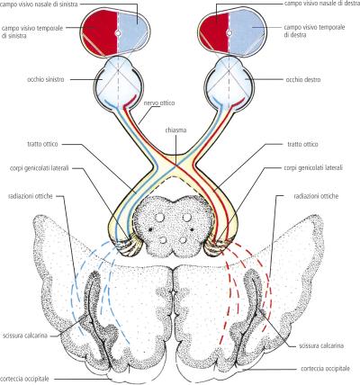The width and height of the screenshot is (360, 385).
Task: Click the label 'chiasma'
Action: click(x=175, y=130)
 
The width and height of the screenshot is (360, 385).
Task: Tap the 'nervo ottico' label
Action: click(x=159, y=103)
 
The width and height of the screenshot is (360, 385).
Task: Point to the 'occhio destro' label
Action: click(x=302, y=80)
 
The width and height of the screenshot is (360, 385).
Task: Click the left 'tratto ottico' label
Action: click(x=42, y=144)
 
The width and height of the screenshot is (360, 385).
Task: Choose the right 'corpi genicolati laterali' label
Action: click(x=313, y=167)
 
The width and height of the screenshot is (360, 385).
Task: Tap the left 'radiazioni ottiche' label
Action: click(x=31, y=196)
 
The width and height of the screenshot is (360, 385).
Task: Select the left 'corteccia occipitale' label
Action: click(x=25, y=379)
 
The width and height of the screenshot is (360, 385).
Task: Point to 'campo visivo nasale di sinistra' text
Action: click(x=39, y=4)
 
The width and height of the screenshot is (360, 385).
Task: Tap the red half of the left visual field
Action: click(x=99, y=31)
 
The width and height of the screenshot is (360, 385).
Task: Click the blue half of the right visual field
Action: click(x=247, y=32)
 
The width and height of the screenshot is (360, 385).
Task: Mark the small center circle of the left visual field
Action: click(x=117, y=33)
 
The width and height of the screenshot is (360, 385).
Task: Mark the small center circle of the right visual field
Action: click(x=229, y=33)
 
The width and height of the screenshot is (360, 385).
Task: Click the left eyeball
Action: click(x=117, y=81)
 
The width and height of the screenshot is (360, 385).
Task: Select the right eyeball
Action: click(x=230, y=82)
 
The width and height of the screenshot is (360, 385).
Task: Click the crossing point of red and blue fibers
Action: click(x=175, y=164)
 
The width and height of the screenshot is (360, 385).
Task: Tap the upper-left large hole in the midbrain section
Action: click(x=160, y=218)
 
